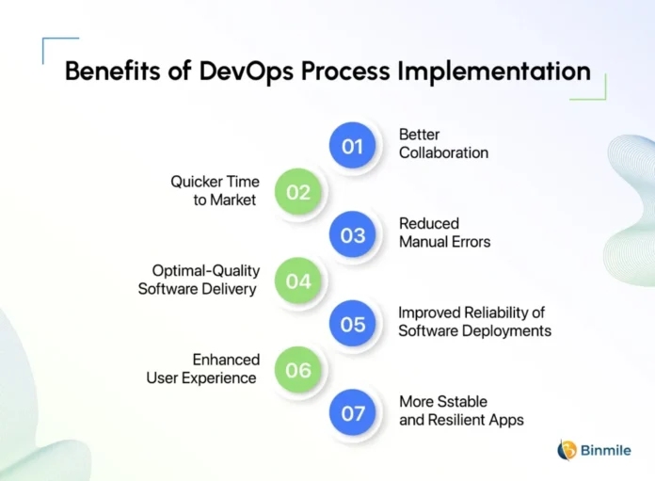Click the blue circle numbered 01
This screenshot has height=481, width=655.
click(x=352, y=145)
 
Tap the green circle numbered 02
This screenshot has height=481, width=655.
click(x=297, y=192)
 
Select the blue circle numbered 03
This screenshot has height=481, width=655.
click(x=352, y=234)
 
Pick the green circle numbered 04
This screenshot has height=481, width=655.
click(x=297, y=281)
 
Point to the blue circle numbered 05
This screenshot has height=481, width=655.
click(x=352, y=324)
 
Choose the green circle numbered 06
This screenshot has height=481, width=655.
click(x=297, y=370)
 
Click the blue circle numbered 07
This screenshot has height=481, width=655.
click(x=352, y=412)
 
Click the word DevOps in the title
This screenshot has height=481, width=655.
click(x=246, y=72)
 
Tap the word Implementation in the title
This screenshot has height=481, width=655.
click(x=494, y=71)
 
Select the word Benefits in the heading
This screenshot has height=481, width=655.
click(x=112, y=71)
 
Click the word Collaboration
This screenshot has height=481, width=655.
click(x=443, y=152)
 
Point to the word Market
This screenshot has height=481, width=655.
click(x=232, y=200)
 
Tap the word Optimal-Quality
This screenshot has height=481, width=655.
click(x=206, y=271)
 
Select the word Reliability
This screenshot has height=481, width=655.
click(x=496, y=313)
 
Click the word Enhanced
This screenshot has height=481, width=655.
click(x=226, y=360)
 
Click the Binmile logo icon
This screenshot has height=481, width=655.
click(x=567, y=451)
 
